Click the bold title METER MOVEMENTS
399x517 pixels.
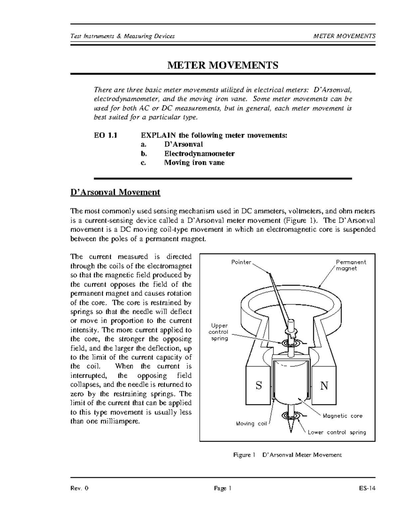[222, 65]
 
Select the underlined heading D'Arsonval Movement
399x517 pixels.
[115, 192]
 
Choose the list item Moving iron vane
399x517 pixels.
[194, 163]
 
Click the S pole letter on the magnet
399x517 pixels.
[259, 386]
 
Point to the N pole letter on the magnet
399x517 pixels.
[324, 386]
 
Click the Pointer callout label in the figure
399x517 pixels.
[241, 262]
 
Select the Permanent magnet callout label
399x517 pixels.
[350, 265]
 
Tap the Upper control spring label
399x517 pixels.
[218, 332]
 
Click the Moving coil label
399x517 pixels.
[251, 424]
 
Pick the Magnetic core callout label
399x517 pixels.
[342, 416]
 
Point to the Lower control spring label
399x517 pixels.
[336, 432]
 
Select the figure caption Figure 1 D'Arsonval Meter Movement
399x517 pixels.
[287, 455]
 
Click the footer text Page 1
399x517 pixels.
[222, 488]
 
